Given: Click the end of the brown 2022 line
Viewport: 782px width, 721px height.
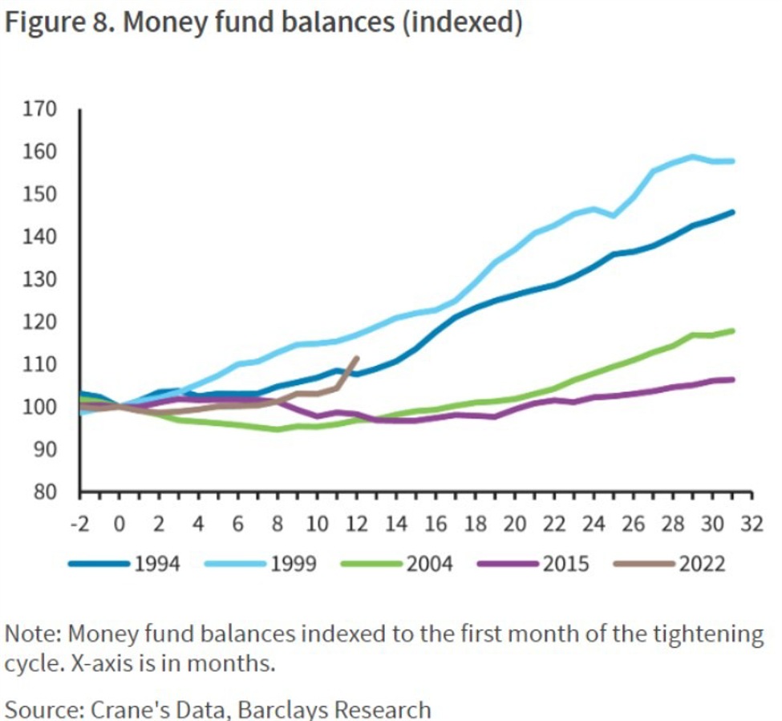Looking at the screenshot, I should (358, 358).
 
